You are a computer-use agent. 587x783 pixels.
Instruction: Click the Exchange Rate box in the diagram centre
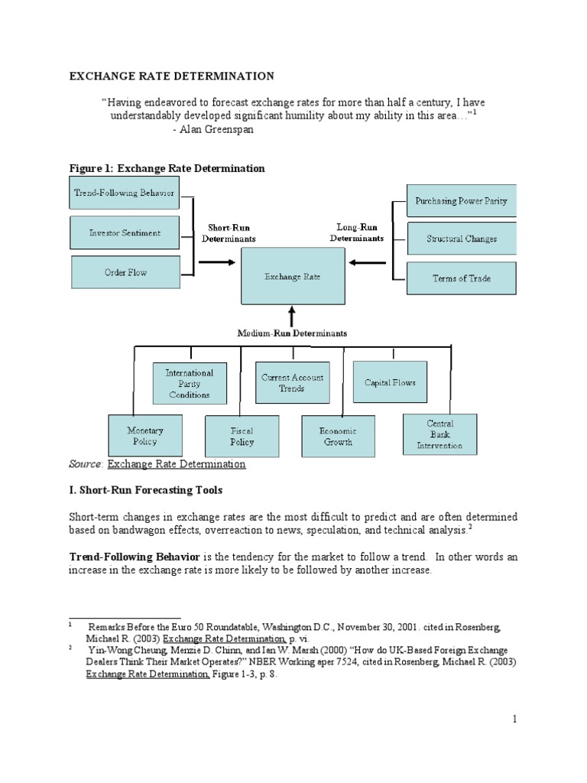293,276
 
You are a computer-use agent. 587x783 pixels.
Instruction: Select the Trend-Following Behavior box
125,193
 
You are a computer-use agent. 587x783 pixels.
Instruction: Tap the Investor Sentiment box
125,232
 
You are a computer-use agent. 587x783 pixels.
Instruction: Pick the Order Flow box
126,272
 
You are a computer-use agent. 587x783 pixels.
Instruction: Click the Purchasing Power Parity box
461,201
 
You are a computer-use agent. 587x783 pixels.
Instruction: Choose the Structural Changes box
462,239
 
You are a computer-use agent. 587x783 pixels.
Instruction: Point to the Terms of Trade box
462,278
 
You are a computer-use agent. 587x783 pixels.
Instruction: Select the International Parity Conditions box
190,384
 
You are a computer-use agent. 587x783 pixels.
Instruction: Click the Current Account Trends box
293,383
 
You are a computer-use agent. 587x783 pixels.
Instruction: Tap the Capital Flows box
391,382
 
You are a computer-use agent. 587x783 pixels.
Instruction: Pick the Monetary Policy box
145,436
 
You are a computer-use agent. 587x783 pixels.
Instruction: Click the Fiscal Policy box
242,437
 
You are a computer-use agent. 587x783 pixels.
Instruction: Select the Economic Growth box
339,437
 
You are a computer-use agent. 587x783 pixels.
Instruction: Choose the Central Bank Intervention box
440,434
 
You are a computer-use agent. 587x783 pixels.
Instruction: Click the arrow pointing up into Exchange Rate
292,317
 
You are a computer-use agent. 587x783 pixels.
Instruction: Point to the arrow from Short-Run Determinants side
217,262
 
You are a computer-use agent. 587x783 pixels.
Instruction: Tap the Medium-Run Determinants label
292,333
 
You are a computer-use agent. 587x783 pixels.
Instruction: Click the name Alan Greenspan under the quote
216,129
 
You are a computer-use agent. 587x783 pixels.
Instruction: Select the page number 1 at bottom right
514,719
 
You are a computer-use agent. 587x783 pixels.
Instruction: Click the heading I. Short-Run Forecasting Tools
146,490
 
